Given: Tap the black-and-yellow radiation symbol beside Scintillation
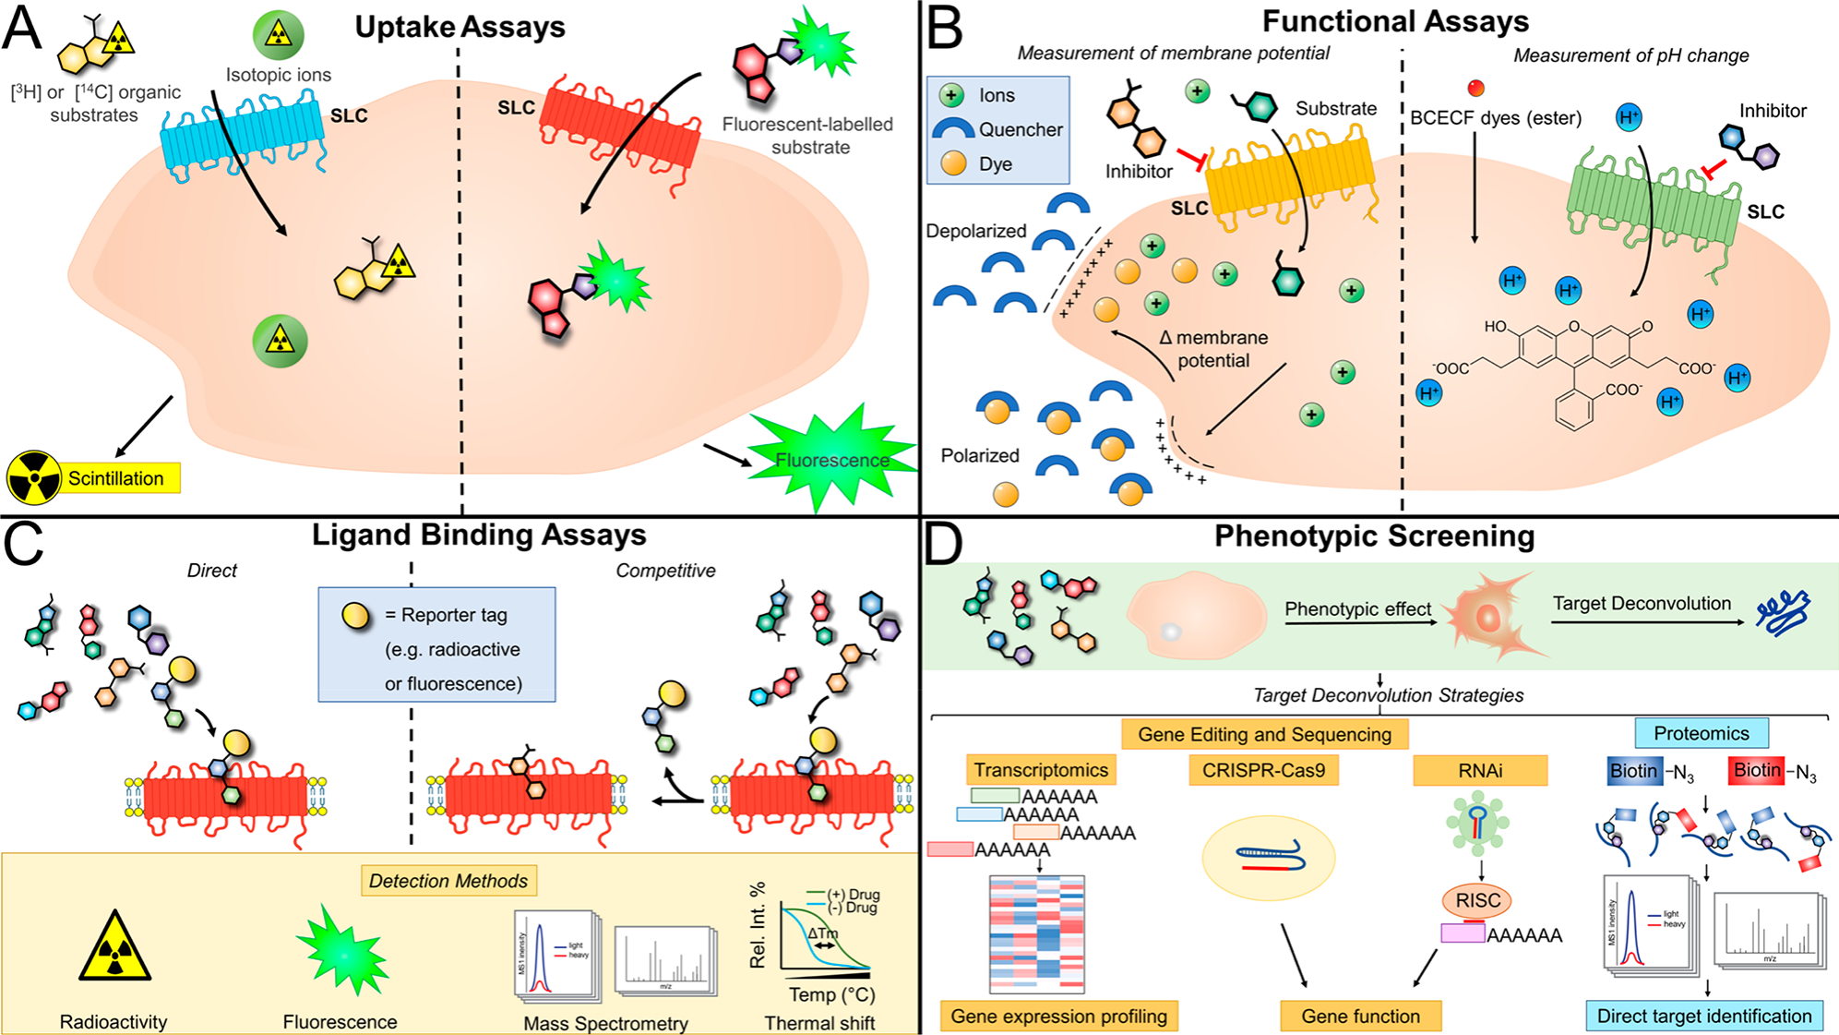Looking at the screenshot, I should click(33, 478).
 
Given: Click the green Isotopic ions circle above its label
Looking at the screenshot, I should click(278, 34).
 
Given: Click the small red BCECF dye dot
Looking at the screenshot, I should click(1476, 88).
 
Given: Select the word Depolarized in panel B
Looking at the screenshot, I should click(975, 231).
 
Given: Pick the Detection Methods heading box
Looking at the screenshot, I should click(448, 881).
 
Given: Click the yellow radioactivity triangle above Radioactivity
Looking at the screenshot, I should click(114, 948).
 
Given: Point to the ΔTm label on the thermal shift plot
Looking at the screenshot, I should click(822, 933).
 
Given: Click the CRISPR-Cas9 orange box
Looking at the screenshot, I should click(1263, 770).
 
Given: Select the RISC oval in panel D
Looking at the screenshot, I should click(1478, 900).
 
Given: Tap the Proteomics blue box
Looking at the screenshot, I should click(1701, 733).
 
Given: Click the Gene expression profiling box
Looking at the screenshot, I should click(1058, 1017).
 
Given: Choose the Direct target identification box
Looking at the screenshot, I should click(1703, 1017).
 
